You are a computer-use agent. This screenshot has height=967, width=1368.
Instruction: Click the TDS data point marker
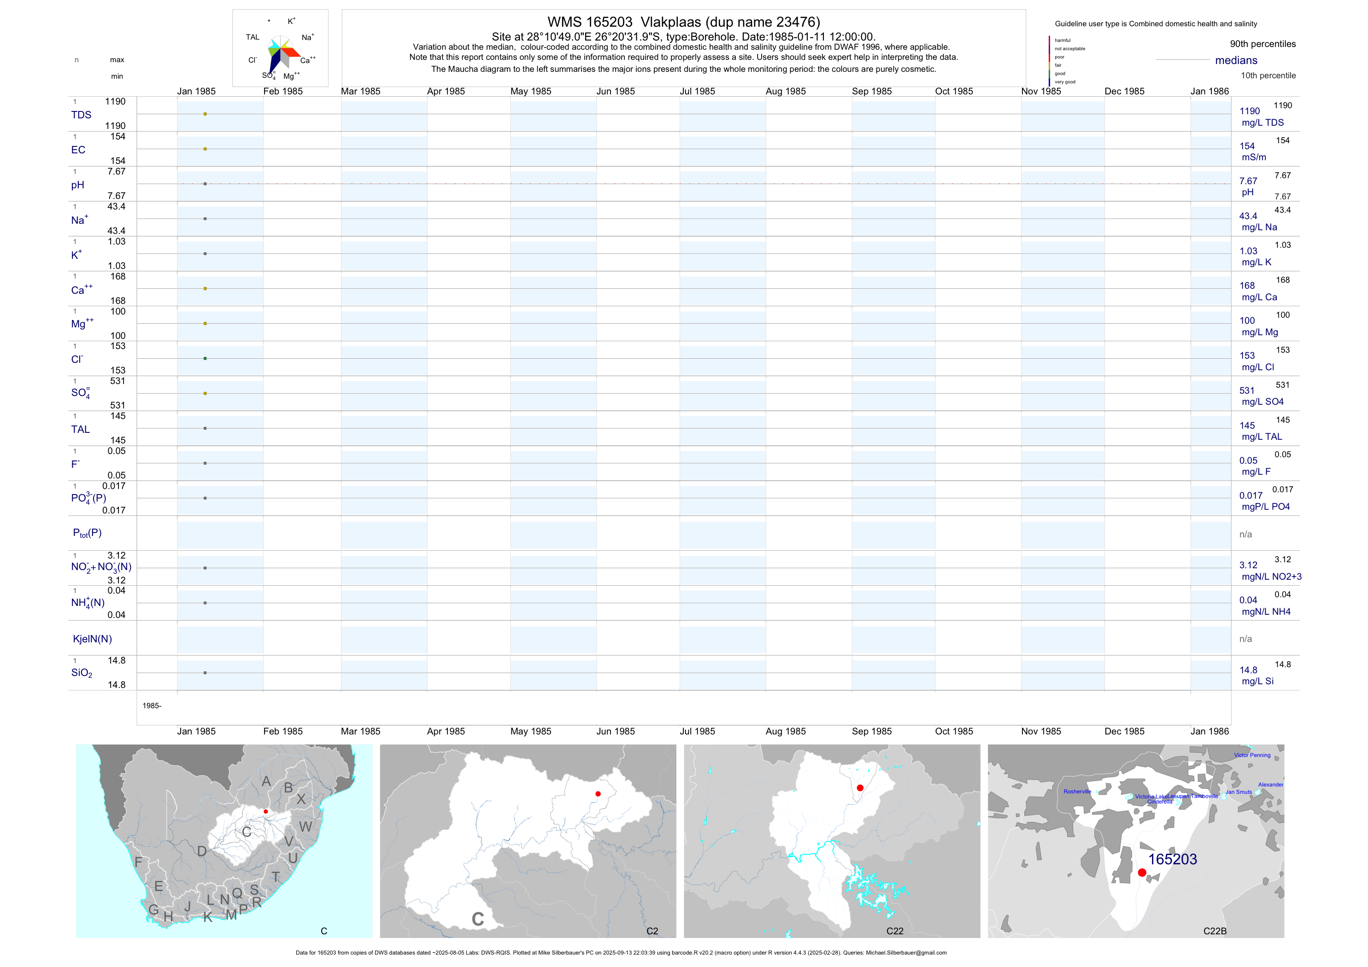(205, 114)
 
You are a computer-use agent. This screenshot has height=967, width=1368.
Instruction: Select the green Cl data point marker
(205, 358)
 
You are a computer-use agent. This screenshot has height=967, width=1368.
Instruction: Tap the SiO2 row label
(82, 673)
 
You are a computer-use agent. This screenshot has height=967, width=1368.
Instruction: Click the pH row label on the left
(77, 185)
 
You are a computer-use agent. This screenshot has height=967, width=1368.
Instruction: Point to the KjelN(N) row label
(92, 639)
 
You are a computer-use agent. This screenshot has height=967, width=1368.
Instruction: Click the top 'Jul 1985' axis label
(697, 91)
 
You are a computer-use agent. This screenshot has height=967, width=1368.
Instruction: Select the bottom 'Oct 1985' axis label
(954, 731)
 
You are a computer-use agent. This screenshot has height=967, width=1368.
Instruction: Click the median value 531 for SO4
(1247, 390)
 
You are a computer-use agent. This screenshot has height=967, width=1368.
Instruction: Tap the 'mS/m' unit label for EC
(1254, 157)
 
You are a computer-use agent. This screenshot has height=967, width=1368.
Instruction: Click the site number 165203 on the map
(1172, 859)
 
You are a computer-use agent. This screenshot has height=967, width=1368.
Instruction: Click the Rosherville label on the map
(1077, 792)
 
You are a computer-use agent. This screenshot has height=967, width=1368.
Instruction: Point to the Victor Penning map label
(1252, 755)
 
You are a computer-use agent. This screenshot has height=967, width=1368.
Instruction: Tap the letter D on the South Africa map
(202, 851)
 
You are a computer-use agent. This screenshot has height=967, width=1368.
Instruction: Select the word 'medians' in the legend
(1236, 60)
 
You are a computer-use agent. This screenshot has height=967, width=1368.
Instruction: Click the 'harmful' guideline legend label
(1063, 41)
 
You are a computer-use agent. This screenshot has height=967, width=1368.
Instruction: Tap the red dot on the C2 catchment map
(598, 794)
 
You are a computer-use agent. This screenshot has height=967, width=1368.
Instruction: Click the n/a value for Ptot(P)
(1245, 534)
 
